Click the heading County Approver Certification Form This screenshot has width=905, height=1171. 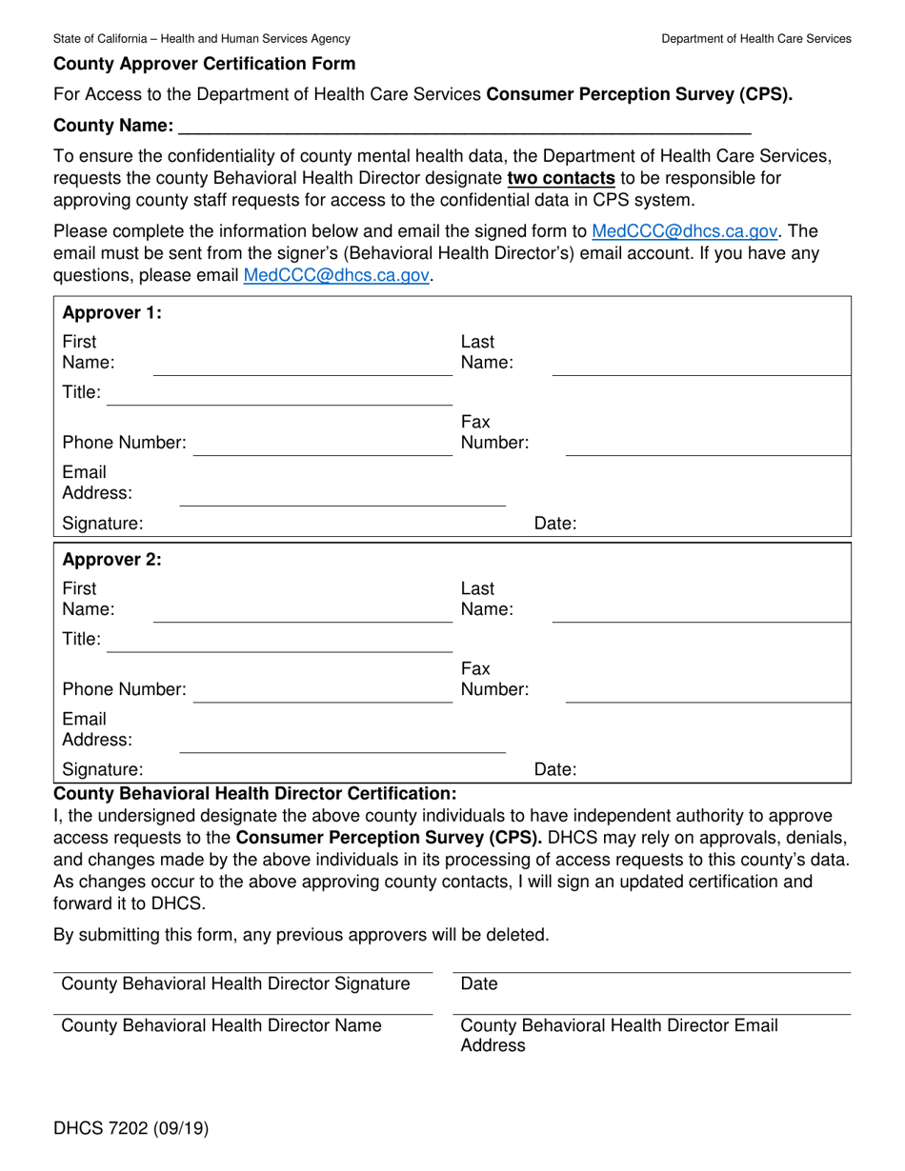[x=204, y=65]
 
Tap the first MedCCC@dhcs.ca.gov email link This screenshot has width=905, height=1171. [x=685, y=230]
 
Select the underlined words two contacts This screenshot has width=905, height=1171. [x=560, y=178]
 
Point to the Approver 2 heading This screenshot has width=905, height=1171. [x=111, y=560]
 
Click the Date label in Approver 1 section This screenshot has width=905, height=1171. [x=555, y=523]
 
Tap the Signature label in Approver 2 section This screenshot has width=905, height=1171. [x=102, y=769]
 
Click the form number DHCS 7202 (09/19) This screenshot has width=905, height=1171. [x=131, y=1129]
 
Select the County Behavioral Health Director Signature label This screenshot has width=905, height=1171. [x=235, y=983]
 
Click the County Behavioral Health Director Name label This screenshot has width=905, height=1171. [x=221, y=1025]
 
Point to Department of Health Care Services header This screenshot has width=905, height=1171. [x=756, y=39]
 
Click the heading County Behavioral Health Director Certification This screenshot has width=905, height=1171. [x=255, y=793]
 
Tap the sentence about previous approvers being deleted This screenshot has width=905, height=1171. [x=301, y=934]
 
